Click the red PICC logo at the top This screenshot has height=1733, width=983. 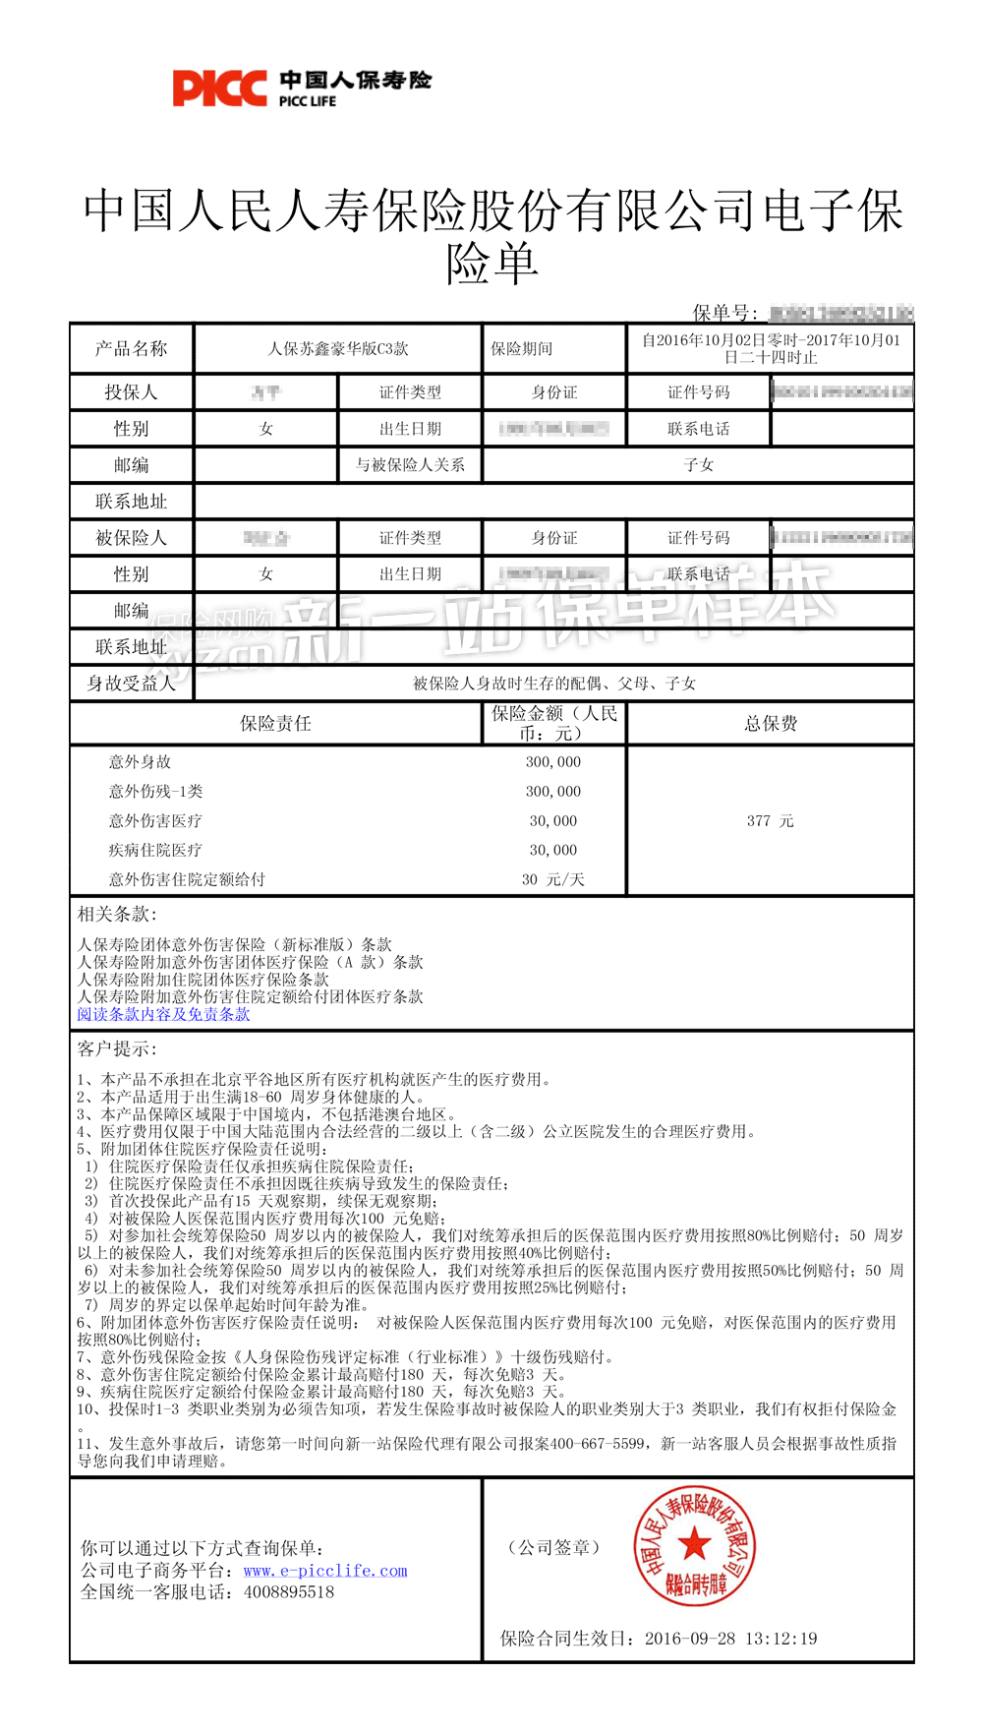click(219, 89)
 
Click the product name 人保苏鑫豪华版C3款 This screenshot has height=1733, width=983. click(338, 348)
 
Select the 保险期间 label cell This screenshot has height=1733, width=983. click(522, 348)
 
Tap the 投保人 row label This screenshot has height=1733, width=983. click(131, 392)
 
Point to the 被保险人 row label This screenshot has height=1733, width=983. click(131, 538)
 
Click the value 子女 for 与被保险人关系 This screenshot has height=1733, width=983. click(698, 464)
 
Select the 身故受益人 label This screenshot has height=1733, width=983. click(131, 683)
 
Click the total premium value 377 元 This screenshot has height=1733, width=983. click(770, 820)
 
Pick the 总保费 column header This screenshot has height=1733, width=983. click(771, 724)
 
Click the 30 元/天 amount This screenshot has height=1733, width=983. click(552, 879)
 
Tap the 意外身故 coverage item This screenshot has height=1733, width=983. click(140, 761)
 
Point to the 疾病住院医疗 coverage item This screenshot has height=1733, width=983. click(155, 850)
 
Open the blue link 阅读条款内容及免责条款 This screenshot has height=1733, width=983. click(163, 1014)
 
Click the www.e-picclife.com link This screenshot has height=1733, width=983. click(325, 1571)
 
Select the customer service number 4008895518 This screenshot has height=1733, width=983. click(289, 1591)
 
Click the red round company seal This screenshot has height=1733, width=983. click(694, 1545)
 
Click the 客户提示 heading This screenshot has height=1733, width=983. click(117, 1048)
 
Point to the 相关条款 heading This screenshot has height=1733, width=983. click(117, 914)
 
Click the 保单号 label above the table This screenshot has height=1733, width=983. click(724, 313)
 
